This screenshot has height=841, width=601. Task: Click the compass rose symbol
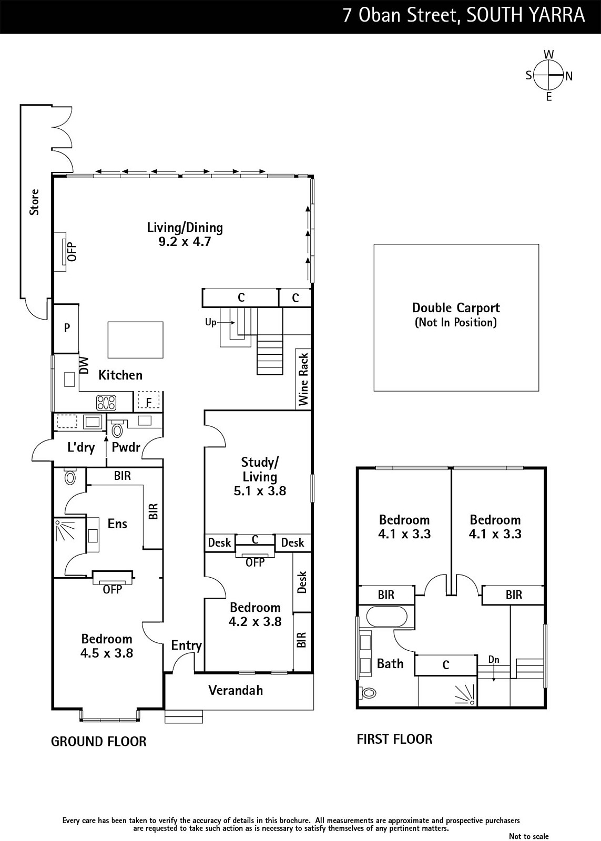549,76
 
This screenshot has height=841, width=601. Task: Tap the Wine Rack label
303,379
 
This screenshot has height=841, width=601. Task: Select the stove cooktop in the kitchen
107,403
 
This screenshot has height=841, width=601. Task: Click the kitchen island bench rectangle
136,340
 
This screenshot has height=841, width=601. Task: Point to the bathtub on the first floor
386,617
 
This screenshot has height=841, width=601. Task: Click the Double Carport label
456,308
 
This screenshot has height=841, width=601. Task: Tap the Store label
34,202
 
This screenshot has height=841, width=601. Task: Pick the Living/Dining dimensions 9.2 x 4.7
185,241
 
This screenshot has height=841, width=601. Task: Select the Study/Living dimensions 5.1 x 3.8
260,491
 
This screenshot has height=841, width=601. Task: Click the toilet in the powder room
118,429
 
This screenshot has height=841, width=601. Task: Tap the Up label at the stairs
210,322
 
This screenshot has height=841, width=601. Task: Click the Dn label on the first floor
494,660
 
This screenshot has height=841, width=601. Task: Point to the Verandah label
236,690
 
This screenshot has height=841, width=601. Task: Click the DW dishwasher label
84,365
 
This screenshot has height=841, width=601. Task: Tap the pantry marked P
66,329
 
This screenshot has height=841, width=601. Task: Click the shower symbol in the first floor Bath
465,695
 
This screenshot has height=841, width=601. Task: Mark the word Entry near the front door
186,645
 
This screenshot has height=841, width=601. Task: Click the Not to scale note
528,836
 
